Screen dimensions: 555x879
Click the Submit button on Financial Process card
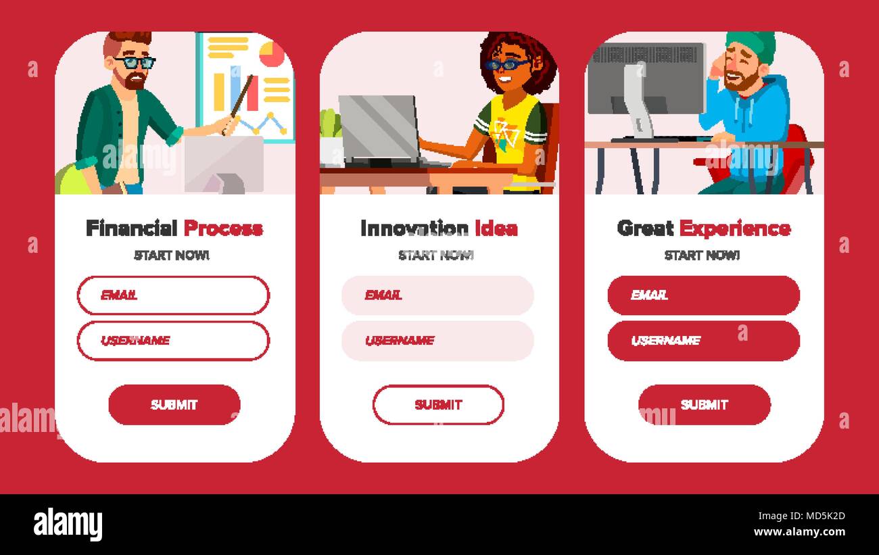click(174, 405)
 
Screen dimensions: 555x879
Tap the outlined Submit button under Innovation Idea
click(438, 405)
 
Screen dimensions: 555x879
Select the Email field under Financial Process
click(173, 295)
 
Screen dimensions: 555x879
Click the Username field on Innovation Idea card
click(437, 341)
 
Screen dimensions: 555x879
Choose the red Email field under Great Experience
click(703, 295)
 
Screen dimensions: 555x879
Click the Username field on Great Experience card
click(703, 341)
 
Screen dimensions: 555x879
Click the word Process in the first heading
click(223, 228)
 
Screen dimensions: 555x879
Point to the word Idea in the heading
click(496, 228)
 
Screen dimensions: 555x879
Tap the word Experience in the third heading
click(734, 228)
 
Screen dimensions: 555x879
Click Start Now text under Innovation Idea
click(436, 255)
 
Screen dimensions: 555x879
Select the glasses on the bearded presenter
click(135, 63)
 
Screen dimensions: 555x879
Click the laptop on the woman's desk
click(379, 128)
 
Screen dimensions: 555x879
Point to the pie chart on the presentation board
click(272, 53)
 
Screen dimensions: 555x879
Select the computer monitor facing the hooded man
click(646, 78)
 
